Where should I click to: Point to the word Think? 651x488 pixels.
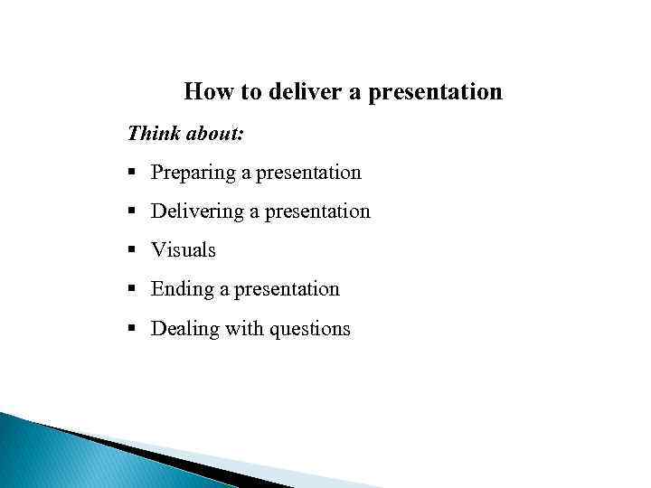[x=154, y=134]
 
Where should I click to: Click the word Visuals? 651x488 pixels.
[x=184, y=250]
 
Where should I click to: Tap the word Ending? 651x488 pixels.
[x=178, y=289]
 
